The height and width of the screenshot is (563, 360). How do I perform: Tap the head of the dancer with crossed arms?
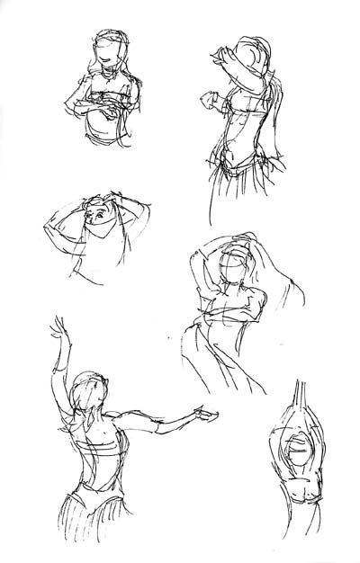click(109, 49)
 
